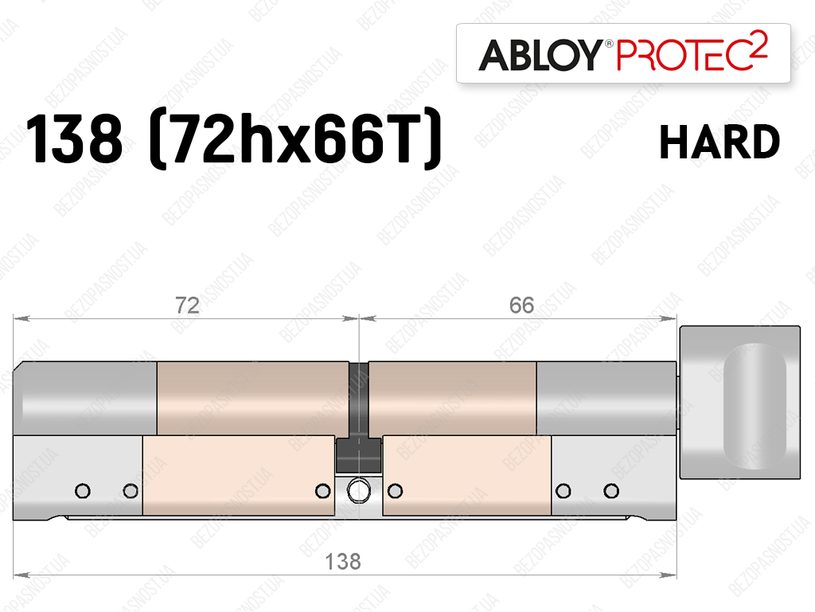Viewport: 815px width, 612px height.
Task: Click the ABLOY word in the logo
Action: (x=540, y=55)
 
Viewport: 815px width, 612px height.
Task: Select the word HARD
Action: (x=719, y=142)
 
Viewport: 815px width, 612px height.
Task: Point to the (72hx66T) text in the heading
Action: (x=295, y=139)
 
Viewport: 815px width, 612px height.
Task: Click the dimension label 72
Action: (x=187, y=306)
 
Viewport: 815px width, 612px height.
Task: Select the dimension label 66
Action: (x=521, y=306)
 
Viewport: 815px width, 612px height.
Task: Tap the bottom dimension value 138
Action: (x=342, y=562)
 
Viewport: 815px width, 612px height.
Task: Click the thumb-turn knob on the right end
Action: (x=739, y=402)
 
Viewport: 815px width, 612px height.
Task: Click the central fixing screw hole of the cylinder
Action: (x=358, y=490)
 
